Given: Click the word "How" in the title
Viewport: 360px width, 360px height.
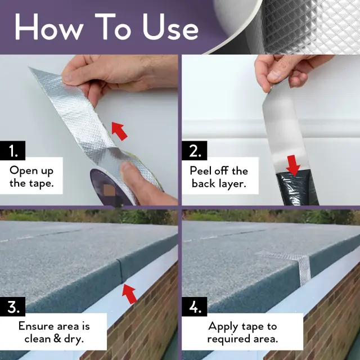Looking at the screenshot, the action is tap(49, 26).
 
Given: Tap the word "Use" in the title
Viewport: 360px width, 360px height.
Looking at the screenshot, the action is tap(170, 26).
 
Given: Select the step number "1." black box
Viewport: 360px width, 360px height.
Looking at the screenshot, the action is tap(12, 150).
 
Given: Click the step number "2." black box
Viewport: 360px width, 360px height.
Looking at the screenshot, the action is tap(194, 150).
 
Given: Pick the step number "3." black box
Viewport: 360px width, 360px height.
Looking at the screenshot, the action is tap(12, 307).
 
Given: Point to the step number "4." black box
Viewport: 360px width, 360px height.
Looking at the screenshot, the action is tap(194, 307).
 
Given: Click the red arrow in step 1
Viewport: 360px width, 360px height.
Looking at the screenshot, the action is tap(119, 131).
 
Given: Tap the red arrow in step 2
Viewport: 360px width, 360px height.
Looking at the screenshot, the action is tap(293, 165).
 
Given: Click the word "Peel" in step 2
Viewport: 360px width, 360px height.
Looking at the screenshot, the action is tap(200, 171).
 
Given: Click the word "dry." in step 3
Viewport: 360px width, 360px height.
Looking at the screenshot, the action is tap(74, 339).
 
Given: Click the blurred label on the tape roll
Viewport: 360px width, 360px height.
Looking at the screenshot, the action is tap(108, 190).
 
